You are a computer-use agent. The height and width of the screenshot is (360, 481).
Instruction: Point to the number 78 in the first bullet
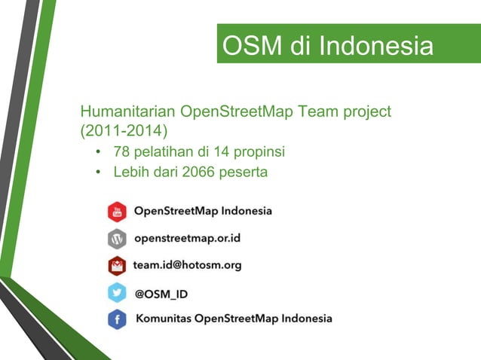[x=121, y=153]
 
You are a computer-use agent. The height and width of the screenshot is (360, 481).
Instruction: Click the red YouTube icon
[x=117, y=212]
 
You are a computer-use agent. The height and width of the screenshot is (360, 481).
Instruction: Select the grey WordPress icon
[x=117, y=239]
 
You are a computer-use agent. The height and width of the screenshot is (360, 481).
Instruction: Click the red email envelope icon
[x=117, y=266]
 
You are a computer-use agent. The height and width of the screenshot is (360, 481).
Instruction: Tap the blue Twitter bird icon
[x=117, y=293]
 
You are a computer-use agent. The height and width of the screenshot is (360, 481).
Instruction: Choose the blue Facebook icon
[x=117, y=319]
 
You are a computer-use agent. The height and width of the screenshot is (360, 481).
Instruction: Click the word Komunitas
[x=163, y=319]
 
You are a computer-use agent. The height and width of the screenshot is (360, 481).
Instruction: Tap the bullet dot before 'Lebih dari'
[x=98, y=172]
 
